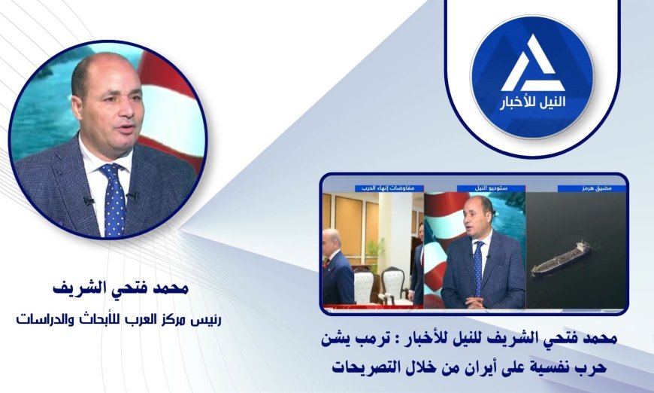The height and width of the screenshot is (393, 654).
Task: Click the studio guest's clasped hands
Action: [x=473, y=303]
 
